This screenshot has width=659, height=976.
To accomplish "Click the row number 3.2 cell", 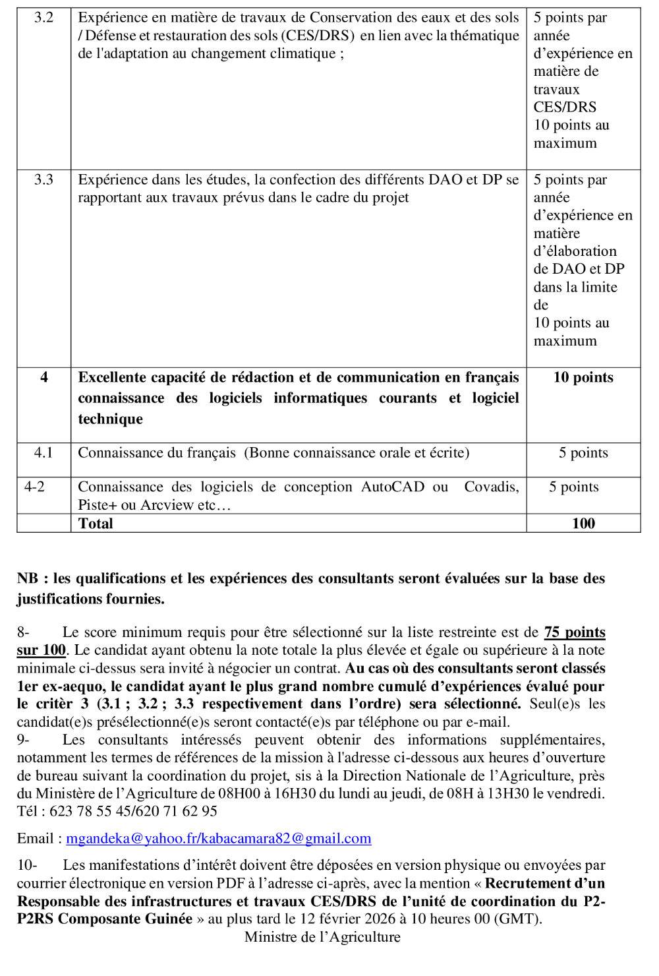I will pos(43,18).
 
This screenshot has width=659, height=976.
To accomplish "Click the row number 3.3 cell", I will pos(43,180).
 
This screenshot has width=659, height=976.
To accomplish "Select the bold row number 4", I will pos(44,378).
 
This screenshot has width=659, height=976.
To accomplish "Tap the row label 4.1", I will pos(43,453).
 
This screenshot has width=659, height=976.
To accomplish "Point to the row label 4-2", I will pos(34,487).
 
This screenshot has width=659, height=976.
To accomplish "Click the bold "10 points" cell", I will pos(583,378).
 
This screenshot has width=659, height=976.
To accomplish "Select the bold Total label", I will pos(96,524).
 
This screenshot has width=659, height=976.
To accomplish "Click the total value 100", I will pos(583,524).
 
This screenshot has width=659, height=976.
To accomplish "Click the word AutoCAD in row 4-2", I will pos(392,487).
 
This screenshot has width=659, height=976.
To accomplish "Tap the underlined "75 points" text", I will pos(575,632).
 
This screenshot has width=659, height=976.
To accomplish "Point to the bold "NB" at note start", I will pos(28,579).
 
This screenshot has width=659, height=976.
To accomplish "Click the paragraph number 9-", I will pos(23,740).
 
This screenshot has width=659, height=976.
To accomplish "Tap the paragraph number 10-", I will pos(26,865).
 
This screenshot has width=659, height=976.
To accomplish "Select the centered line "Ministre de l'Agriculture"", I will pos(322,937).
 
